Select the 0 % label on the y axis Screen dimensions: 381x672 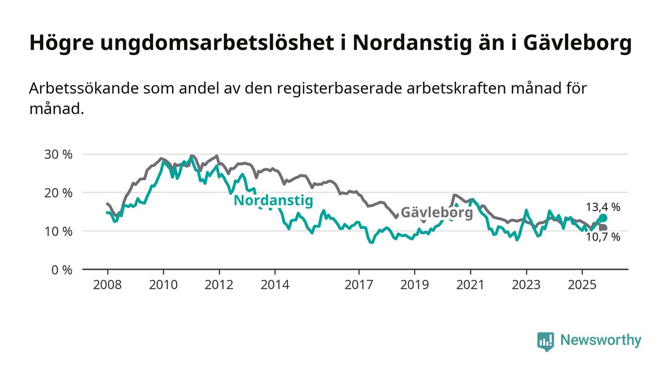pos(63,270)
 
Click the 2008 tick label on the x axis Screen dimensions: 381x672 pos(108,285)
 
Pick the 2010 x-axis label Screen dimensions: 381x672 pos(163,285)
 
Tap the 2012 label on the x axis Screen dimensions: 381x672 pos(219,285)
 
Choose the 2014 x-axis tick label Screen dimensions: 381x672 pos(275,285)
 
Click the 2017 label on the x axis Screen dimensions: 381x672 pos(359,285)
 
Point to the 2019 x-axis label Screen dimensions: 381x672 pos(414,285)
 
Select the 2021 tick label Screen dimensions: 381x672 pos(470,285)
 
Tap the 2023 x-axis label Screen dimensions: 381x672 pos(526,285)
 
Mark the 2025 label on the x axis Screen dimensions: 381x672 pos(582,285)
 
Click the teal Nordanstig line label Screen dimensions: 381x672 pos(273,201)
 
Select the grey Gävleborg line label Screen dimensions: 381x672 pos(437,212)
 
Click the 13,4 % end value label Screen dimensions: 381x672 pos(603,207)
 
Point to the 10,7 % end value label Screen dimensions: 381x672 pos(603,237)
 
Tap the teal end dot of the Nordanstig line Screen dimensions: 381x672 pos(603,218)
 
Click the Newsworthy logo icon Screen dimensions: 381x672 pos(545,341)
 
